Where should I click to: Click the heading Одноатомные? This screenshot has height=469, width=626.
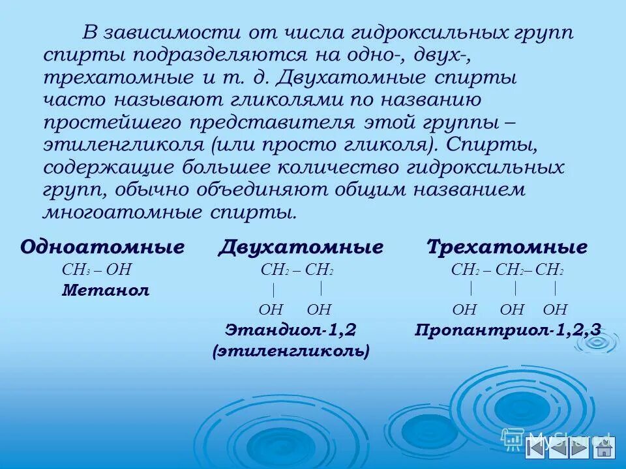click(x=102, y=248)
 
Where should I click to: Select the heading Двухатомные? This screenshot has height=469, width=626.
click(x=301, y=248)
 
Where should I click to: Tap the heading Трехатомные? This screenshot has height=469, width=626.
click(x=507, y=248)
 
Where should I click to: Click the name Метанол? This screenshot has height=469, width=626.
click(x=106, y=291)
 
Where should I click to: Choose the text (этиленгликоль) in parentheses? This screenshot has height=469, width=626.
click(x=291, y=351)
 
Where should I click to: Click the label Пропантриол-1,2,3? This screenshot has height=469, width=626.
click(x=508, y=330)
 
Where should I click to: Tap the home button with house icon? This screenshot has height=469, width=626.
click(x=604, y=448)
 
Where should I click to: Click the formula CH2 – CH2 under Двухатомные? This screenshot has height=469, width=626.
click(x=297, y=270)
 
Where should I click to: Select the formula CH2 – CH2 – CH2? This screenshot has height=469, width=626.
click(x=507, y=270)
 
